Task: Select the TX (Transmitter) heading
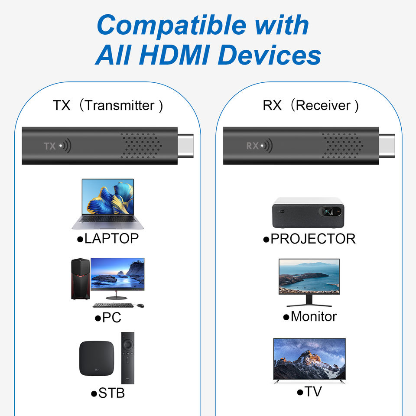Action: [x=108, y=105]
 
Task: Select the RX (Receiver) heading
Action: [x=311, y=105]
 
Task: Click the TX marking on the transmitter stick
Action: [x=50, y=146]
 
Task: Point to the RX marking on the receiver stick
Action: [x=252, y=146]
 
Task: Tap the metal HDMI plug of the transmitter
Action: [x=186, y=146]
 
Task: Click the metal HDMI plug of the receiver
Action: [x=388, y=146]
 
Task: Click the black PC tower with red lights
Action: [x=80, y=279]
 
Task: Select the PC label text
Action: [x=111, y=318]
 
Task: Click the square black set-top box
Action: [x=97, y=358]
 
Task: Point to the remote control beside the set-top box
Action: [x=128, y=357]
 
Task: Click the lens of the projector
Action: [x=328, y=212]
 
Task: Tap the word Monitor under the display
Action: [x=313, y=316]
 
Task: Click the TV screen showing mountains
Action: [x=309, y=359]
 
